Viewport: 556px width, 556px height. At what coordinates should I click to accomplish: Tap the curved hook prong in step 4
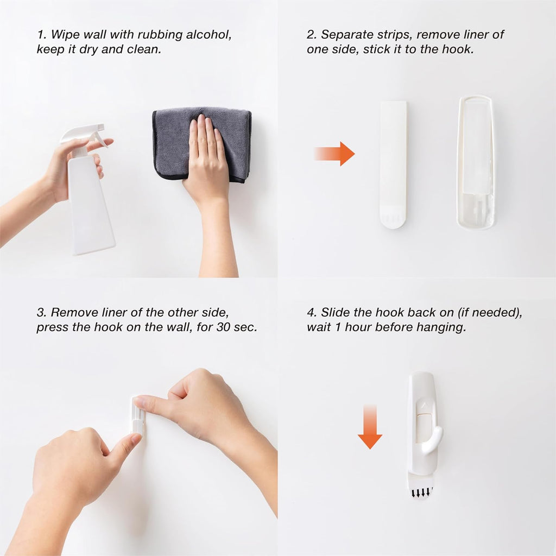point(433,440)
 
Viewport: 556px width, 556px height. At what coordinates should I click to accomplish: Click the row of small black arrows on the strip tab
point(421,492)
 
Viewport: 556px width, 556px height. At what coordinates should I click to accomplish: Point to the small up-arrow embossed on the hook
point(422,405)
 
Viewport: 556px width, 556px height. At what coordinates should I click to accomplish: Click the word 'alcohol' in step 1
point(208,35)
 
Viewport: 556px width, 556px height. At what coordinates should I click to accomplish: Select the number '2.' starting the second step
point(312,35)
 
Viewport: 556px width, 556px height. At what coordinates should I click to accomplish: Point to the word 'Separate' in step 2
point(345,35)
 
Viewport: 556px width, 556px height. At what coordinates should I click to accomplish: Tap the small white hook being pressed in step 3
point(138,416)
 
